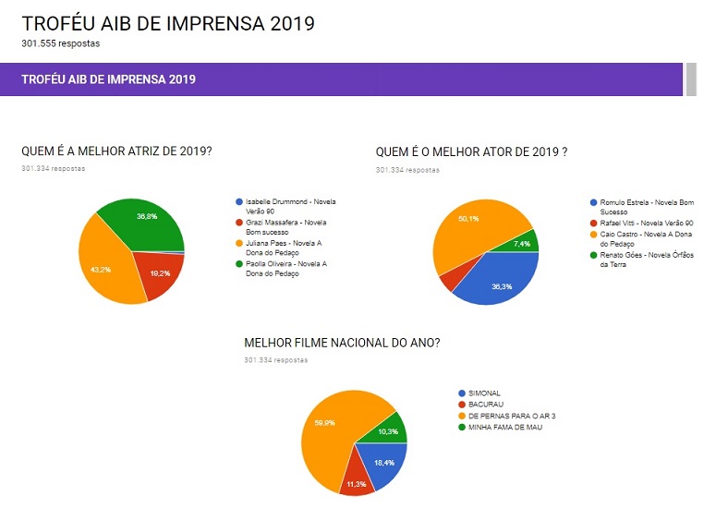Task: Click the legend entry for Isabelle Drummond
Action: (x=286, y=206)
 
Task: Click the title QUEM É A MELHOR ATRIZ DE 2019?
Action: (x=116, y=151)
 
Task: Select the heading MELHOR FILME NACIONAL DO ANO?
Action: (x=342, y=343)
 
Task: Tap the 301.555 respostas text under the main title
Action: (x=61, y=42)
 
